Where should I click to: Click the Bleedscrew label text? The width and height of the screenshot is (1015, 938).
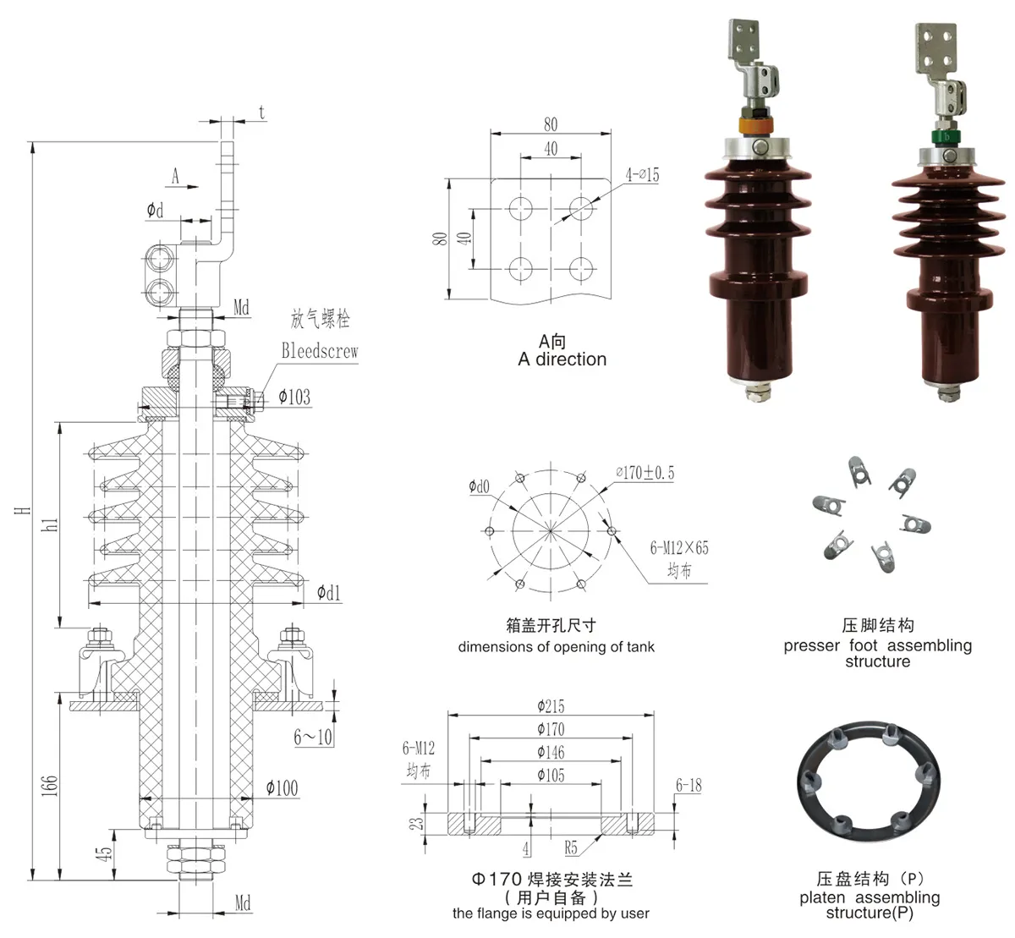pyautogui.click(x=320, y=351)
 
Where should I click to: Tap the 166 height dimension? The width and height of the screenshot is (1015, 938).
pyautogui.click(x=50, y=785)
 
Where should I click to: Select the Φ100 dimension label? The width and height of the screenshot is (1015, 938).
pyautogui.click(x=282, y=788)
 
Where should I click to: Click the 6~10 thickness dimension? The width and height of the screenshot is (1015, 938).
pyautogui.click(x=313, y=738)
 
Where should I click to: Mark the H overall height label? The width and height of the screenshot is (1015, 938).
pyautogui.click(x=25, y=510)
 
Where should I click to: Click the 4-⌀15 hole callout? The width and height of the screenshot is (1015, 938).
pyautogui.click(x=642, y=175)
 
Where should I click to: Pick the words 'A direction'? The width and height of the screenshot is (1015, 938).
pyautogui.click(x=562, y=359)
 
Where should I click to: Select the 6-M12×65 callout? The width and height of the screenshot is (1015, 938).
pyautogui.click(x=679, y=548)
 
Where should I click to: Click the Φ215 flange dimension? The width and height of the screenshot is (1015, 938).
pyautogui.click(x=551, y=706)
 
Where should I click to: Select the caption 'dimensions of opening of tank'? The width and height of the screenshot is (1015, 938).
pyautogui.click(x=556, y=647)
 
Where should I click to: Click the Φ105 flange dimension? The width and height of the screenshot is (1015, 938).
pyautogui.click(x=551, y=775)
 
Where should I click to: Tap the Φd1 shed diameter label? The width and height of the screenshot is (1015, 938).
pyautogui.click(x=329, y=593)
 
